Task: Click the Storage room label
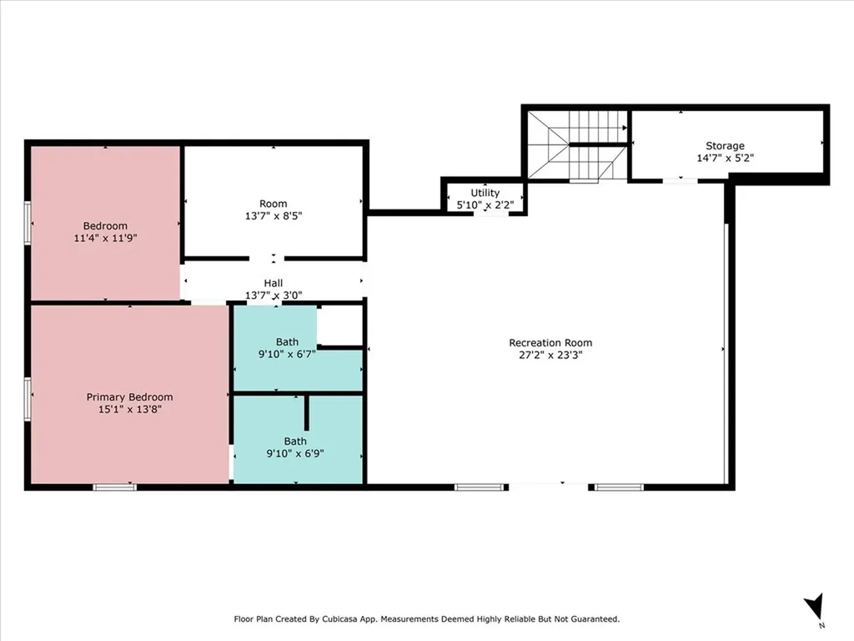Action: pyautogui.click(x=725, y=145)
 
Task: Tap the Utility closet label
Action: pyautogui.click(x=485, y=193)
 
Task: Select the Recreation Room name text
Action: pyautogui.click(x=550, y=343)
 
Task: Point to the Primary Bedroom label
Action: pyautogui.click(x=129, y=397)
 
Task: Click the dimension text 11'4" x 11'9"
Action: pyautogui.click(x=105, y=238)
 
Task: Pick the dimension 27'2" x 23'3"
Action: pyautogui.click(x=550, y=356)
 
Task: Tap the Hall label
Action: pyautogui.click(x=274, y=283)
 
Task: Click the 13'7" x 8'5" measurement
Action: pyautogui.click(x=274, y=216)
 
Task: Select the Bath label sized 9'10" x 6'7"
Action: pyautogui.click(x=287, y=341)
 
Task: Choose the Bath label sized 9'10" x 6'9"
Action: pyautogui.click(x=295, y=441)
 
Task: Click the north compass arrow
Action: pyautogui.click(x=815, y=606)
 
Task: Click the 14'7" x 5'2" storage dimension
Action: pyautogui.click(x=725, y=158)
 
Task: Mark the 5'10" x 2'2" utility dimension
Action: pyautogui.click(x=485, y=205)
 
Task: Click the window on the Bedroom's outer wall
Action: pyautogui.click(x=28, y=224)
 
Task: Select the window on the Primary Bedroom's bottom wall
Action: pyautogui.click(x=114, y=487)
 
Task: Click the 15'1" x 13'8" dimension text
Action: pyautogui.click(x=129, y=409)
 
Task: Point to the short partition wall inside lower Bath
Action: pyautogui.click(x=307, y=412)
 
